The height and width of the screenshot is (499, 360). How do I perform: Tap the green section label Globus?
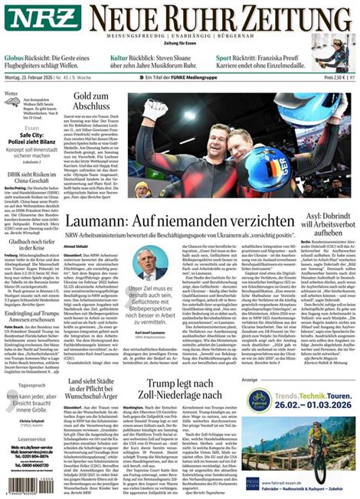coord(14,57)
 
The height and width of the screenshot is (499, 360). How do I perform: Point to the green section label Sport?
coord(224,57)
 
